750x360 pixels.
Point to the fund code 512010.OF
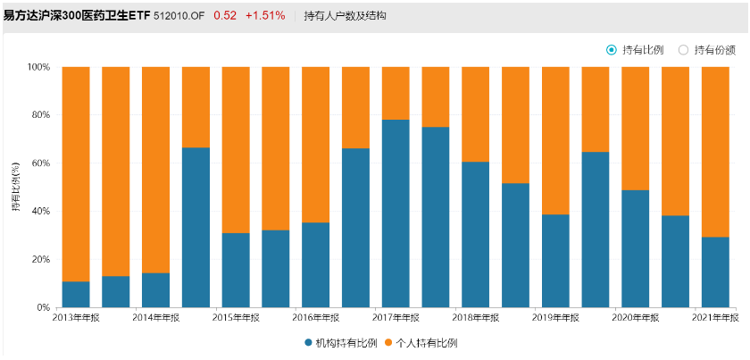(179, 15)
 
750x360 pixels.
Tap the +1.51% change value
(265, 15)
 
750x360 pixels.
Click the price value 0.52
(225, 15)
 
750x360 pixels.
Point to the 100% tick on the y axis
(38, 67)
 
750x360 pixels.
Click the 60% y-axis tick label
(40, 163)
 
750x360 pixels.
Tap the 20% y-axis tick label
(40, 260)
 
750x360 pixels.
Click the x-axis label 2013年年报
(76, 318)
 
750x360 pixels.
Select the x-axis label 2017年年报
(396, 318)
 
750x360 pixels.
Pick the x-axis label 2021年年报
(715, 318)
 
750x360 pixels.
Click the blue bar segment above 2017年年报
(396, 214)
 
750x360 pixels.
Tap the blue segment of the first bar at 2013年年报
(76, 295)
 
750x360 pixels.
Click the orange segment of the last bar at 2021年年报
(715, 152)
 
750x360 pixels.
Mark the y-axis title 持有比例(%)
(15, 188)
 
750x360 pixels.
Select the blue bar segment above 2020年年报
(635, 249)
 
